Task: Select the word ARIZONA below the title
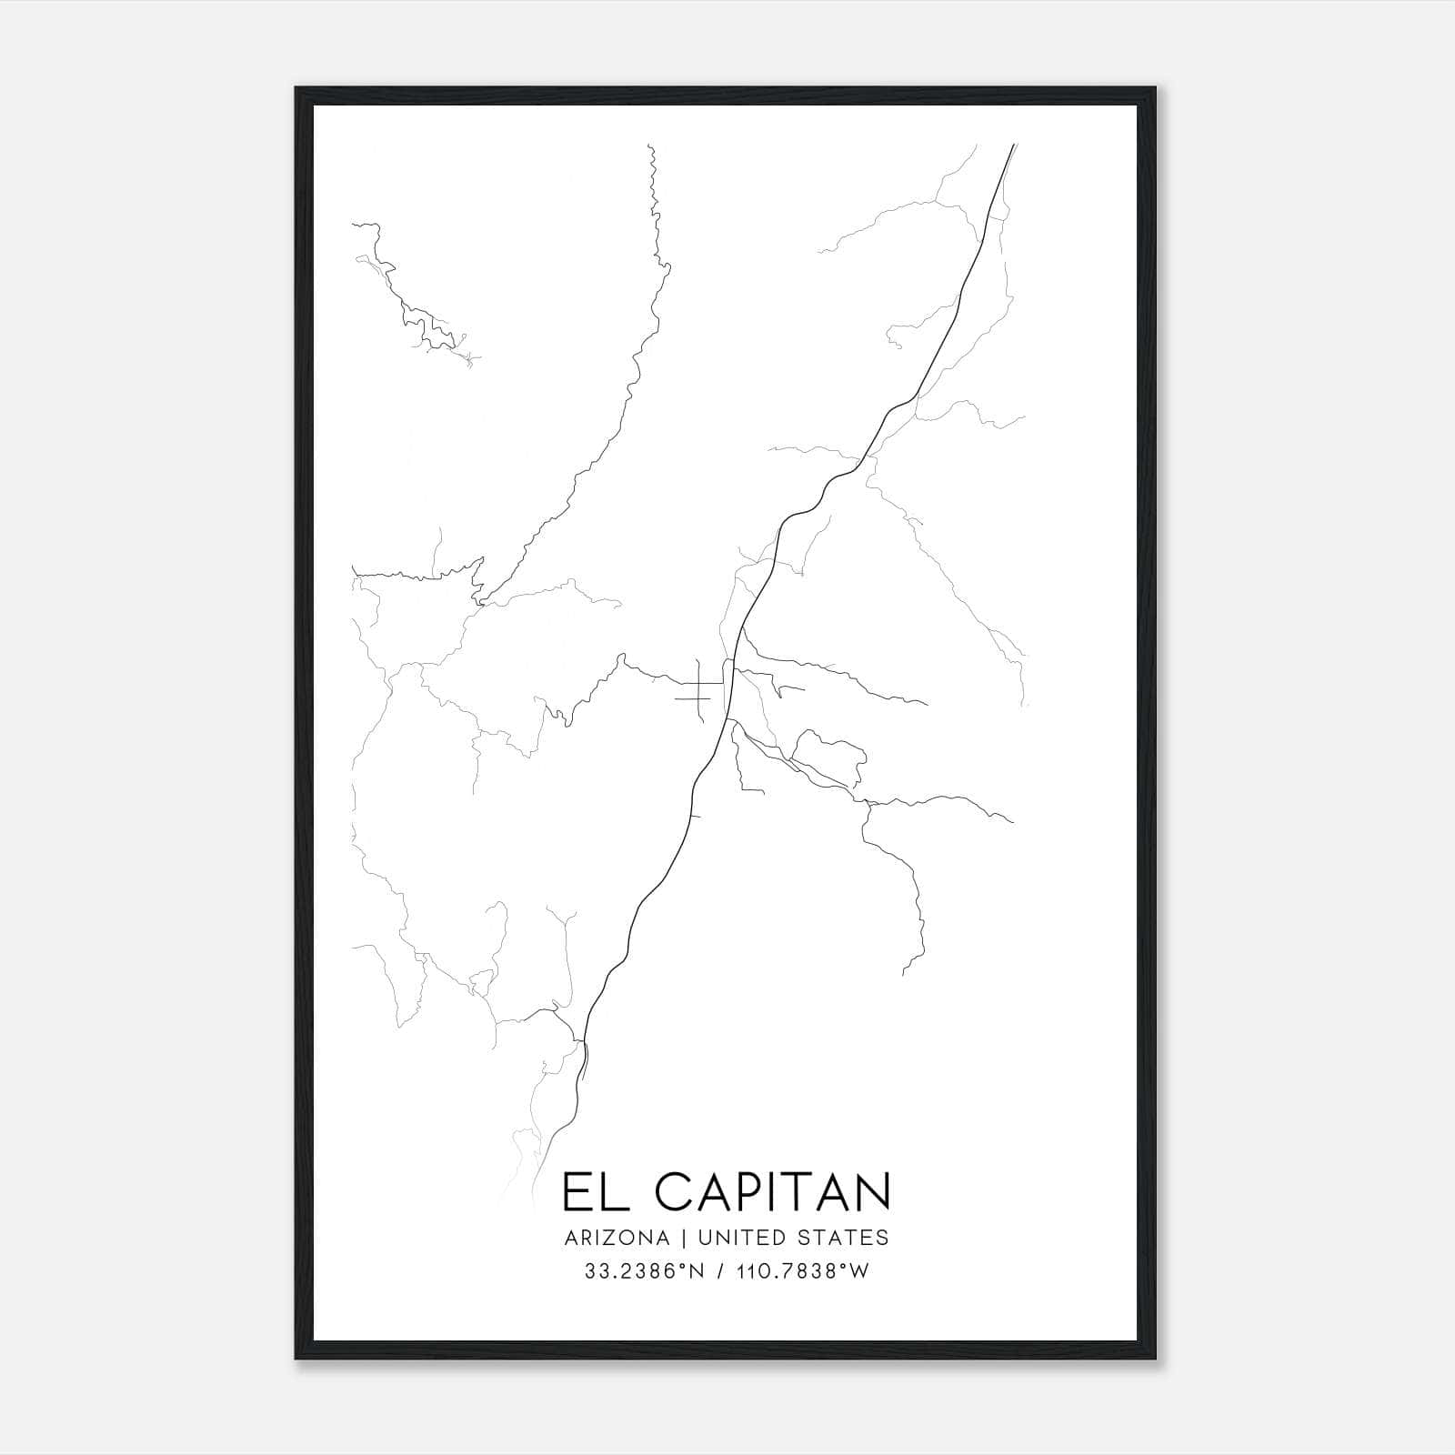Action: tap(617, 1238)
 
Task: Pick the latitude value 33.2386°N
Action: tap(646, 1271)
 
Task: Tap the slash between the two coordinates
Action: tap(719, 1271)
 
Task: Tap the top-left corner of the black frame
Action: tap(296, 88)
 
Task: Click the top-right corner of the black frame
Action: tap(1155, 88)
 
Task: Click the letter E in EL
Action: tap(576, 1192)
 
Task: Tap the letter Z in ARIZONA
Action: tap(607, 1238)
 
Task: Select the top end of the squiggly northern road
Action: tap(649, 145)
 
